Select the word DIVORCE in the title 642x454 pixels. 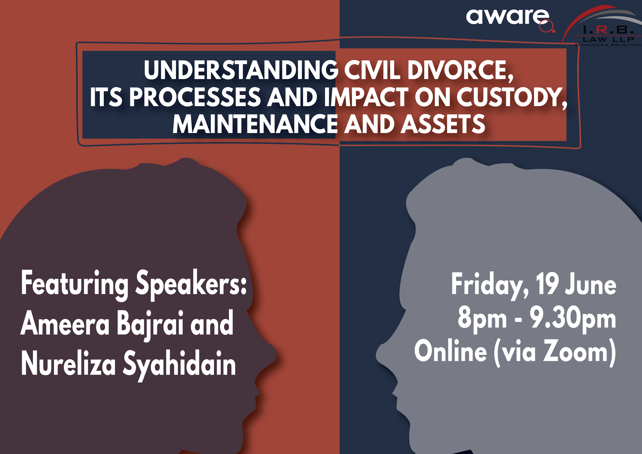[460, 70]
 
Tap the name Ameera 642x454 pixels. [65, 324]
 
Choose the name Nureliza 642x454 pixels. [68, 363]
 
